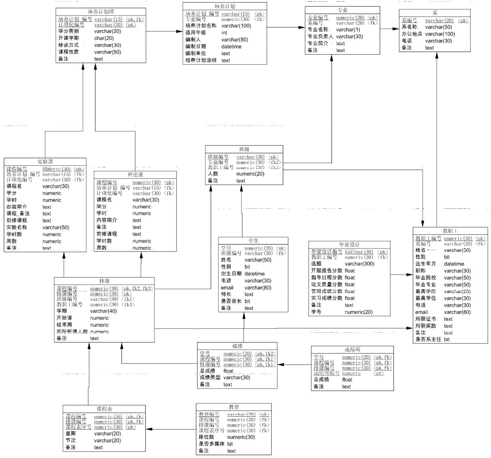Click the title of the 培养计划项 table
click(x=101, y=12)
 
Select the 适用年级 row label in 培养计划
click(x=196, y=33)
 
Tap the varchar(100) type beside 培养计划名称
click(x=236, y=26)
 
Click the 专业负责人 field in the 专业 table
click(x=320, y=37)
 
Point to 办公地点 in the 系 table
click(x=412, y=34)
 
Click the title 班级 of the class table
click(x=244, y=149)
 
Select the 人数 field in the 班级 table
click(x=213, y=174)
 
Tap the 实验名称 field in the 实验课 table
click(x=17, y=227)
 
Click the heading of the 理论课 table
click(x=135, y=175)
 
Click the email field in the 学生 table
click(x=227, y=287)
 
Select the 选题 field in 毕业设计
click(x=316, y=264)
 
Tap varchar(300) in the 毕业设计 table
click(x=359, y=264)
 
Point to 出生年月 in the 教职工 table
click(x=426, y=264)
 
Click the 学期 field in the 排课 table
click(x=62, y=311)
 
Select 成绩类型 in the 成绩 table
click(x=210, y=377)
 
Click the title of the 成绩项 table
click(x=352, y=350)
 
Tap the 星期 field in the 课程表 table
click(x=71, y=434)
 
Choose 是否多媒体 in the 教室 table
click(x=211, y=444)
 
